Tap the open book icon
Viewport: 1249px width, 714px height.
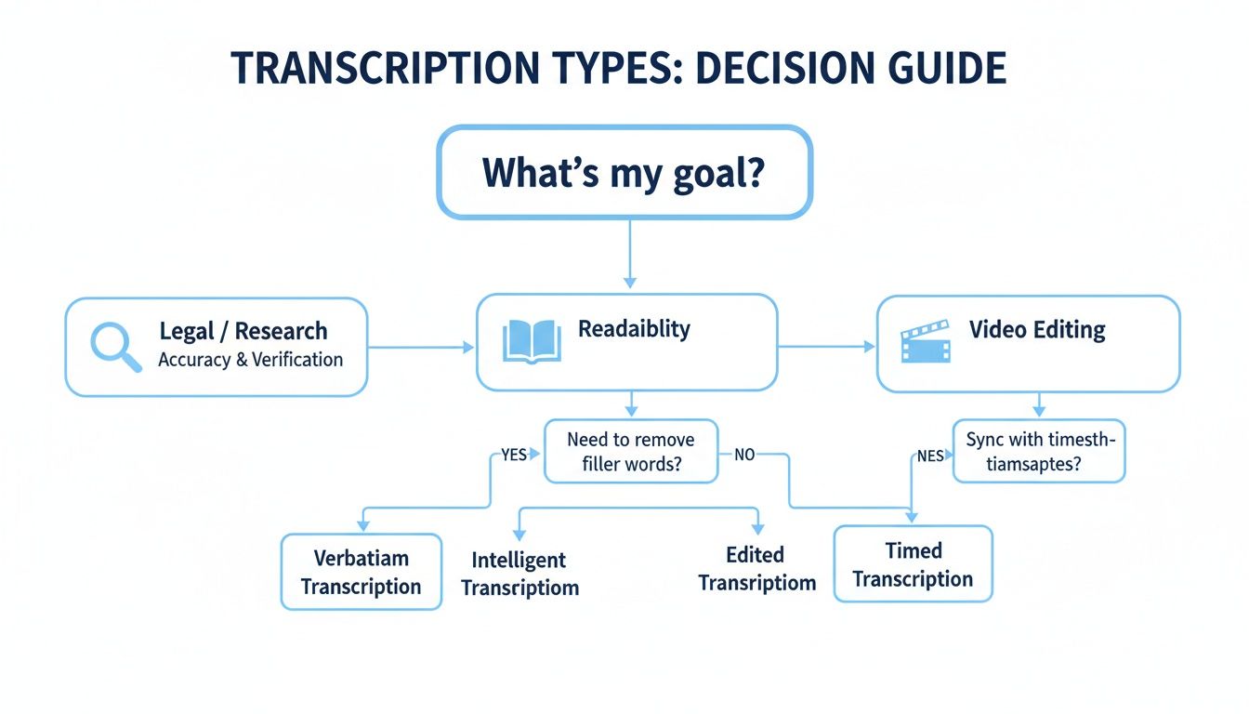pos(527,341)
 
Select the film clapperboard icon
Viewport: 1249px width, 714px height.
pos(926,341)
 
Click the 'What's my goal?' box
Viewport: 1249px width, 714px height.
pos(624,173)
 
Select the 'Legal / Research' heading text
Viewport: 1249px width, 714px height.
pos(243,331)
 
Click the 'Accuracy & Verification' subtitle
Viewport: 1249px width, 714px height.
pos(250,360)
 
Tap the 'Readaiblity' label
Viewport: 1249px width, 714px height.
pos(634,329)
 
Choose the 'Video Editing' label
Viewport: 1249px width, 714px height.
pos(1037,330)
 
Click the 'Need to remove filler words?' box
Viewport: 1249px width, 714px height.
pos(631,451)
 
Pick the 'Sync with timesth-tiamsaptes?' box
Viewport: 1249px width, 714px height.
pos(1039,451)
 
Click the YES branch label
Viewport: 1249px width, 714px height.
pos(513,455)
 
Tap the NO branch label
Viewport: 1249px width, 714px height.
pos(743,455)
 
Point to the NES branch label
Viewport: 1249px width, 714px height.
pos(930,456)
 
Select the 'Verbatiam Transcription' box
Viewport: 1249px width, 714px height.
pos(361,572)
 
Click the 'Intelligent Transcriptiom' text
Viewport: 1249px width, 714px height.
pos(519,574)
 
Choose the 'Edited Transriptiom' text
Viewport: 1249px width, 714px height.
pos(756,569)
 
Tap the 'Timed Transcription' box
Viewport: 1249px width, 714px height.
pos(913,564)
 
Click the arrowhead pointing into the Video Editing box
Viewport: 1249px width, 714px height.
pos(870,347)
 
